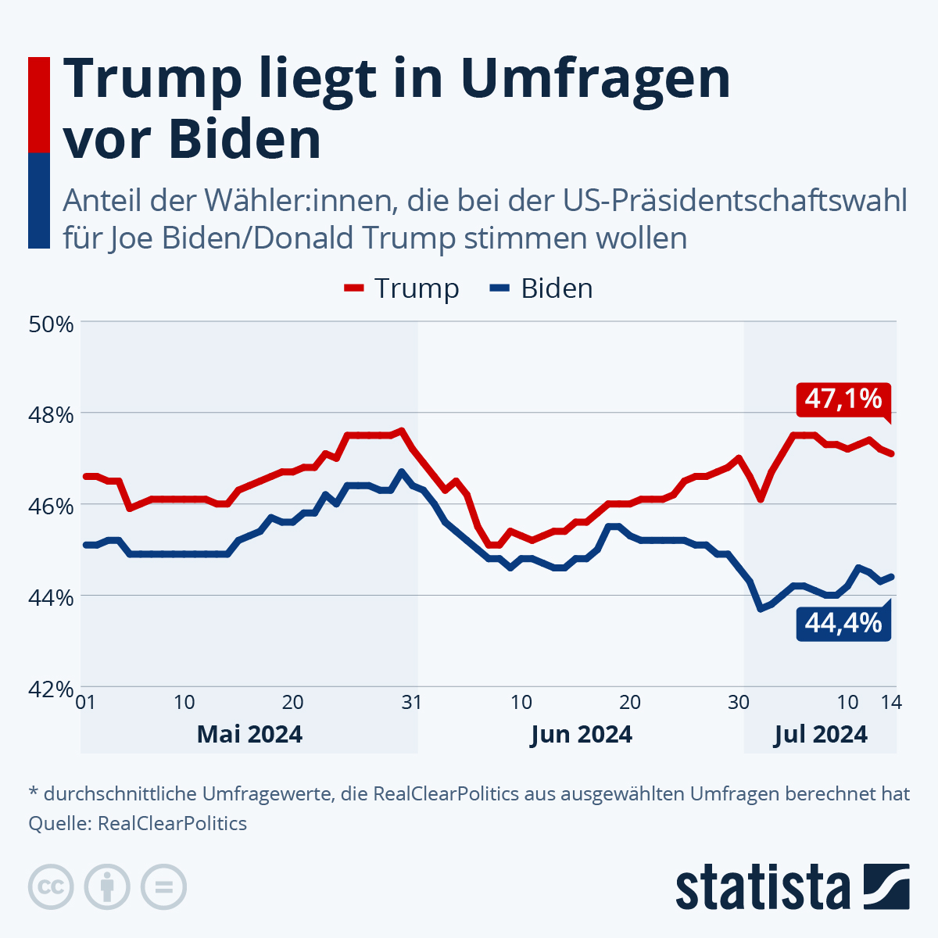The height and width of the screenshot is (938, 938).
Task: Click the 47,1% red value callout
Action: click(x=843, y=399)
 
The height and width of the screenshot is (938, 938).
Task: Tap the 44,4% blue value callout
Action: click(x=843, y=624)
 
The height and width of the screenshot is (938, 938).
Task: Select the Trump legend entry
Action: click(x=402, y=288)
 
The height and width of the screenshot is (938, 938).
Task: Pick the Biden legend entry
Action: click(x=542, y=288)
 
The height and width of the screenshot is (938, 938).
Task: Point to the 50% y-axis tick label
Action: click(x=51, y=323)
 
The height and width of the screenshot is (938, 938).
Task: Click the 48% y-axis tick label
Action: click(x=51, y=414)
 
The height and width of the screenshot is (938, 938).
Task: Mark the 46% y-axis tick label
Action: click(x=51, y=506)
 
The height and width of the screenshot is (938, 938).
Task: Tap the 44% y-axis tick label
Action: click(x=51, y=597)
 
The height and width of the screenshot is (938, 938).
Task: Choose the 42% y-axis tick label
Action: click(x=51, y=689)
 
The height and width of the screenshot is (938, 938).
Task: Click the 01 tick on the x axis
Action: click(x=85, y=702)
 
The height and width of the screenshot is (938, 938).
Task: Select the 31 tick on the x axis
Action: click(x=412, y=702)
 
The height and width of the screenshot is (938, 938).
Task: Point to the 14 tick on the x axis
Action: click(x=892, y=702)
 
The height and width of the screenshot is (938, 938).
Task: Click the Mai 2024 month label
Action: click(x=249, y=735)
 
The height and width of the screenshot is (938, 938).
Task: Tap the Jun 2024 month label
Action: click(x=581, y=735)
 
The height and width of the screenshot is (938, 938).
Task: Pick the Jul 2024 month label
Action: click(x=821, y=735)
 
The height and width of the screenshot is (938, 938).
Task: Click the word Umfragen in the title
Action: click(x=596, y=78)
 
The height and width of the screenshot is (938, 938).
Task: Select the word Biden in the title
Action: click(x=245, y=139)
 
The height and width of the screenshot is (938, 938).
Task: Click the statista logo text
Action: click(x=763, y=887)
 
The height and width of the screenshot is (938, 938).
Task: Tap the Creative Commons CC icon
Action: click(x=51, y=887)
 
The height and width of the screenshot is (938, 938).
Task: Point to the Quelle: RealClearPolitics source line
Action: click(x=138, y=824)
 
